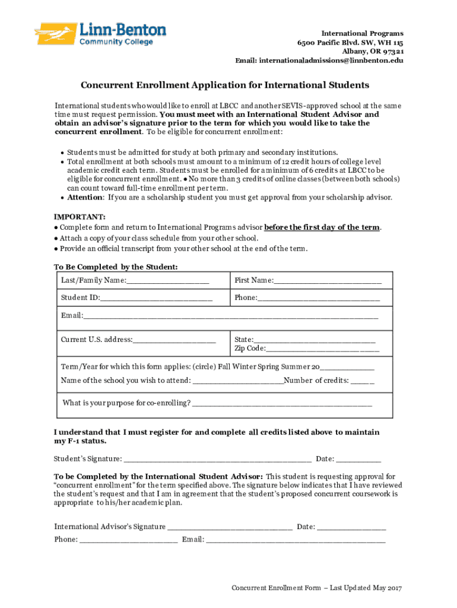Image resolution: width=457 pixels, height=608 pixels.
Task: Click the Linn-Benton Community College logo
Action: coord(100,34)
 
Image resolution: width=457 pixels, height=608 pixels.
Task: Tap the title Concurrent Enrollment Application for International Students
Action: coord(225,85)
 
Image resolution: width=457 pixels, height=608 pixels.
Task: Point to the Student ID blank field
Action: coord(156,297)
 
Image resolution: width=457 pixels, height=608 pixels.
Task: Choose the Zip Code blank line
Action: coord(322,349)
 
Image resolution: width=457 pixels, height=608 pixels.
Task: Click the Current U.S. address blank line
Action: coord(174,340)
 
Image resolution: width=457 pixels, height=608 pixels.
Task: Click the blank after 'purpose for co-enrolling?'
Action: coord(283,404)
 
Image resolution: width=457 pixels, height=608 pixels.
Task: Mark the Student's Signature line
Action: coord(218,459)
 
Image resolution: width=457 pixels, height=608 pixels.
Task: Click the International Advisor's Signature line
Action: coord(230,527)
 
